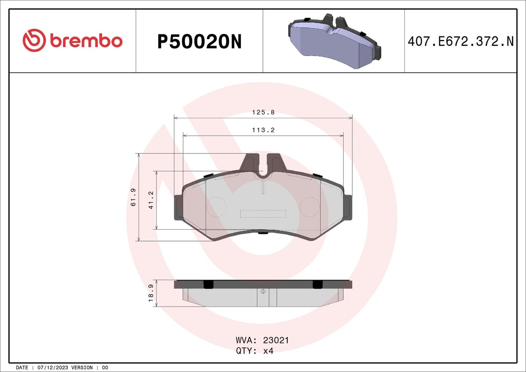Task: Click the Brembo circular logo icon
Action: click(x=34, y=41)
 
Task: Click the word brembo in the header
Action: click(x=86, y=41)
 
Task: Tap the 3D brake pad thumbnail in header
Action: click(x=334, y=42)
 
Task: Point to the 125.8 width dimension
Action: click(x=263, y=111)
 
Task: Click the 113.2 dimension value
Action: click(x=263, y=130)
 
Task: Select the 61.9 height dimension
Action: click(x=133, y=197)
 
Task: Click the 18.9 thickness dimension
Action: click(x=151, y=294)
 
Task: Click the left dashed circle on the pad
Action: click(x=216, y=207)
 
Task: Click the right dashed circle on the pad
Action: click(x=310, y=207)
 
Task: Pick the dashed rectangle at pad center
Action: click(x=263, y=213)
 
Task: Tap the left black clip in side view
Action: click(x=209, y=284)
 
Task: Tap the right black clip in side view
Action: click(x=317, y=284)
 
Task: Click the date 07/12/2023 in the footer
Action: click(x=52, y=368)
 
